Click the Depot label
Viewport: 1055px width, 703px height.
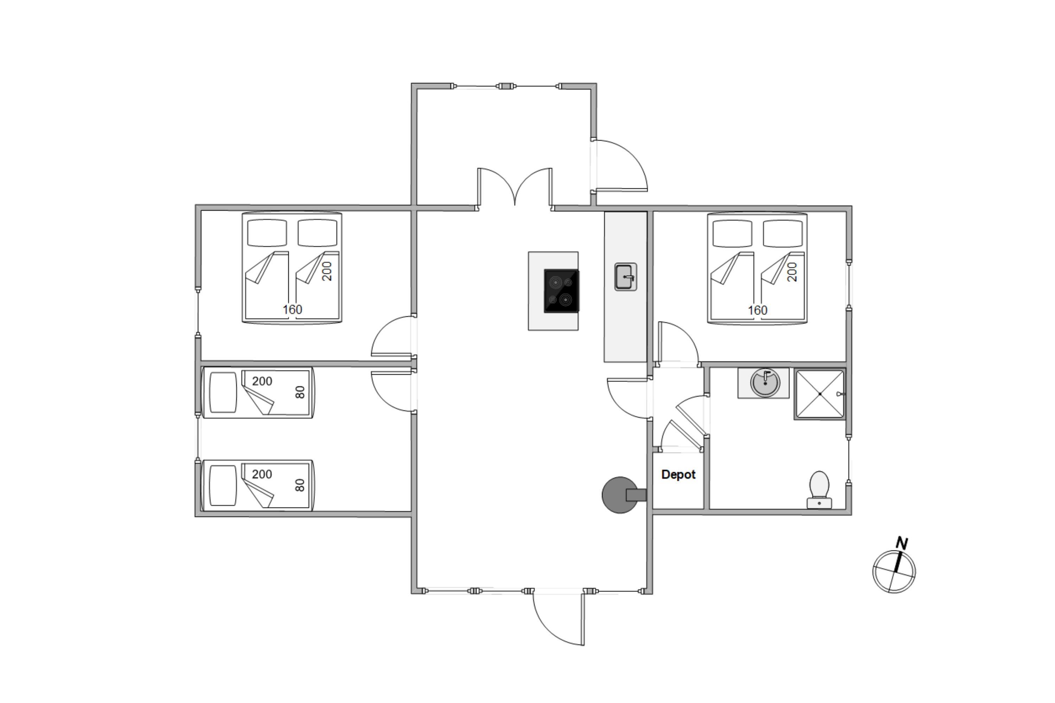click(x=678, y=474)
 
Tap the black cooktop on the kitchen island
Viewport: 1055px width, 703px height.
click(x=561, y=291)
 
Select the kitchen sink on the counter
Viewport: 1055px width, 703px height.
click(x=625, y=277)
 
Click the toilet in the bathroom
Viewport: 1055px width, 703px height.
click(x=819, y=490)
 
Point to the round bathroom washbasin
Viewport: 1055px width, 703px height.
click(x=765, y=382)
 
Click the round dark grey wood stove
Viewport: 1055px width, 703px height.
click(x=620, y=495)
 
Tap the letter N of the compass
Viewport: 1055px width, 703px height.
click(x=902, y=543)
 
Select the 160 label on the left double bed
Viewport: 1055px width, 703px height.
click(x=293, y=309)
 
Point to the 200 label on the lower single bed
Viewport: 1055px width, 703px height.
click(x=262, y=474)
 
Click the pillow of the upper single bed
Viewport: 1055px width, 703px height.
click(x=223, y=392)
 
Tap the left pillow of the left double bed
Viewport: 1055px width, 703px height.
click(x=267, y=233)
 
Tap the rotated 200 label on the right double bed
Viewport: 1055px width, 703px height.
click(x=792, y=272)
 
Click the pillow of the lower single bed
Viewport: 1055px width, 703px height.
click(x=223, y=485)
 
